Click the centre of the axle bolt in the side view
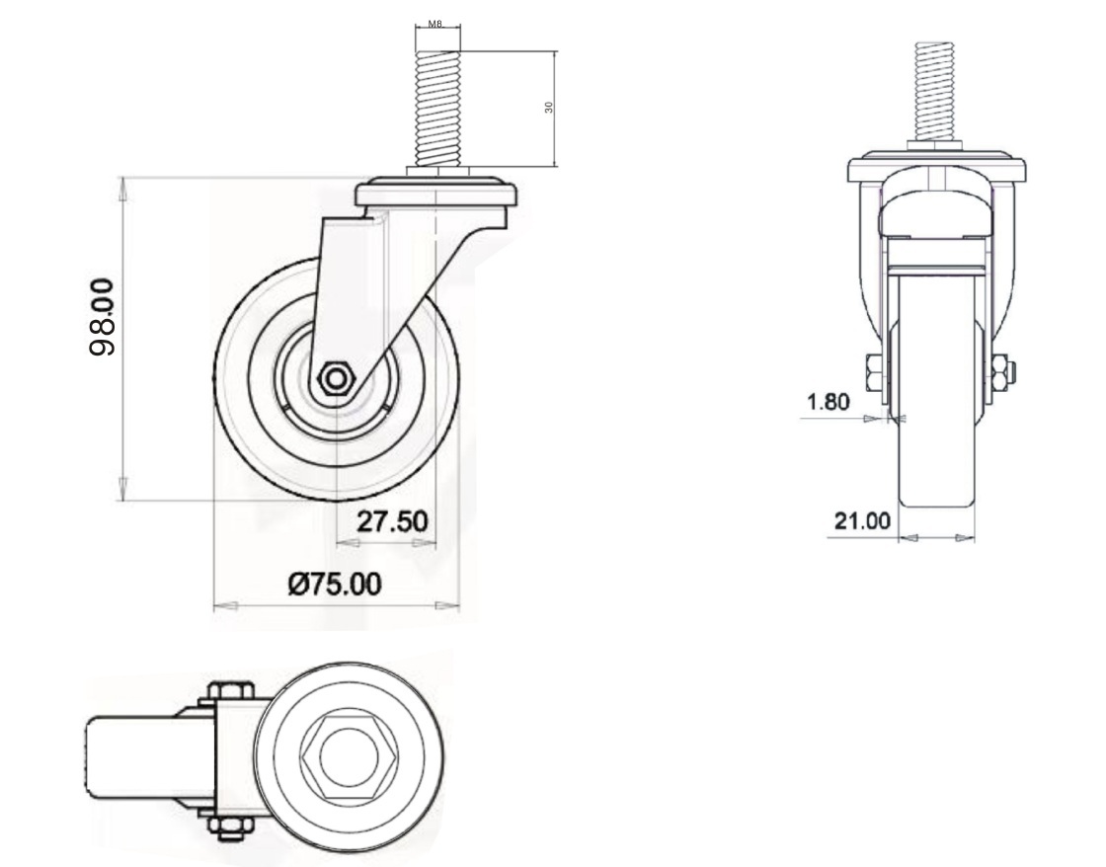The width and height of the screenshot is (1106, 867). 336,379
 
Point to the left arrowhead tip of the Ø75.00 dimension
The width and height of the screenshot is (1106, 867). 213,605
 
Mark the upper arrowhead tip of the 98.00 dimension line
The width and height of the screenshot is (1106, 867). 123,179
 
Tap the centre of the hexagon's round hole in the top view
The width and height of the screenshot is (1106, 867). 339,755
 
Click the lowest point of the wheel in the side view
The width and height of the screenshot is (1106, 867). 337,501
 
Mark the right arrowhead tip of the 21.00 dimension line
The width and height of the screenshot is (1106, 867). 975,538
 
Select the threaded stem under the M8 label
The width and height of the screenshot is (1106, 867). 438,108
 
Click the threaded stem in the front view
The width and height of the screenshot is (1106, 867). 934,92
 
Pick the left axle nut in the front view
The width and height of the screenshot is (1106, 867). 870,375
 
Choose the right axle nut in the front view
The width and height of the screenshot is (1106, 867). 1002,375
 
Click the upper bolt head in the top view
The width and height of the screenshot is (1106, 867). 230,691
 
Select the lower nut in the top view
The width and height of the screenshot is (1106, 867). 230,828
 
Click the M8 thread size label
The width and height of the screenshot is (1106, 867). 435,24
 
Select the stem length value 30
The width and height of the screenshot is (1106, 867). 549,107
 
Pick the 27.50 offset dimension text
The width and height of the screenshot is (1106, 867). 392,521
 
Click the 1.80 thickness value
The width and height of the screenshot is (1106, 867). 829,402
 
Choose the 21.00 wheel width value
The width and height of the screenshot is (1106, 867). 862,521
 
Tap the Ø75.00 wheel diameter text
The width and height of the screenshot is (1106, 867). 335,585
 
